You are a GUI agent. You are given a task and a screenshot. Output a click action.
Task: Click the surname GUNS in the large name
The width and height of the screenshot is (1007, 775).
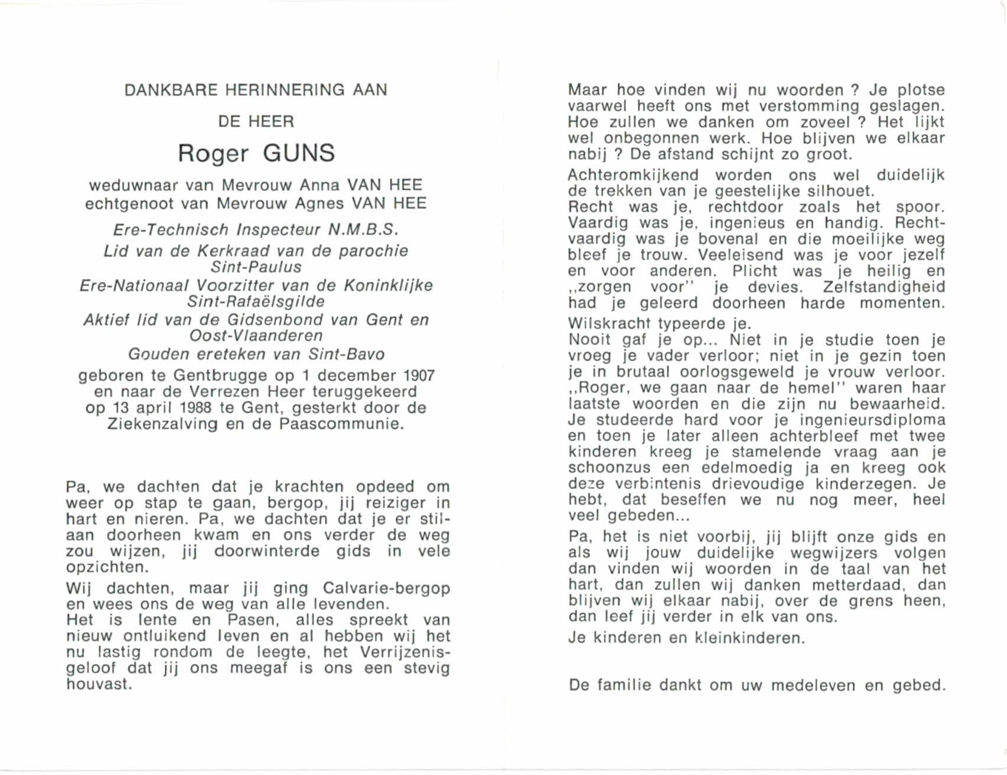click(x=299, y=153)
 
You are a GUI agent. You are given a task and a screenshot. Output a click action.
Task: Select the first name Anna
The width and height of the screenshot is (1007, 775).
click(x=320, y=186)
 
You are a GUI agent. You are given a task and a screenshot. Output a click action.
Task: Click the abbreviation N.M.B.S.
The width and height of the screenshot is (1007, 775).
click(x=363, y=230)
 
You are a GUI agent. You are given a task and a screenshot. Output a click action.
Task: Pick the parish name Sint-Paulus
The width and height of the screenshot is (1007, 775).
click(x=256, y=267)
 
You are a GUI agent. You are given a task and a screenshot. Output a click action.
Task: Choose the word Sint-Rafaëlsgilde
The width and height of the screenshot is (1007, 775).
click(x=256, y=302)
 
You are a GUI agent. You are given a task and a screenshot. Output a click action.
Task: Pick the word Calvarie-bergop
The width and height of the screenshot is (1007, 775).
click(x=386, y=589)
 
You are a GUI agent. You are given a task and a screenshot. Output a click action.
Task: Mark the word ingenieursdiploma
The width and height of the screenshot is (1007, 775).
click(x=872, y=420)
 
